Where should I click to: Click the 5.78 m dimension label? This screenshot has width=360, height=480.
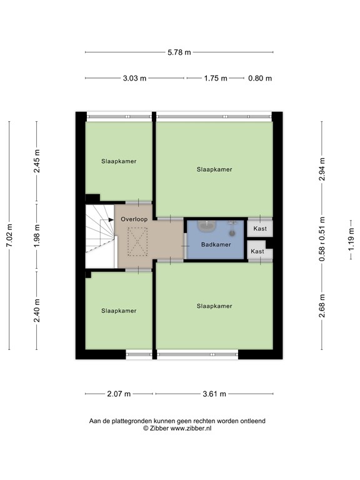(x=179, y=52)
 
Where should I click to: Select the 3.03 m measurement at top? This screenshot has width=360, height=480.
(x=135, y=79)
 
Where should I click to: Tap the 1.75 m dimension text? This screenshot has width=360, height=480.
(x=214, y=79)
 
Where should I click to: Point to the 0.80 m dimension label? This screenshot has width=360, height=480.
(x=260, y=79)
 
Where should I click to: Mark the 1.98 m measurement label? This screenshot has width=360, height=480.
(x=37, y=236)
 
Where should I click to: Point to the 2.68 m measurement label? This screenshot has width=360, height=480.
(x=322, y=306)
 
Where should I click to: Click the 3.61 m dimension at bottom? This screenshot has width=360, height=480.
(x=214, y=394)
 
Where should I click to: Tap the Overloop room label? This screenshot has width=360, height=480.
(x=134, y=220)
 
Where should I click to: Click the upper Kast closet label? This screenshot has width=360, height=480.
(x=260, y=229)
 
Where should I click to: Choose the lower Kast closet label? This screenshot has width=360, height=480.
(x=257, y=251)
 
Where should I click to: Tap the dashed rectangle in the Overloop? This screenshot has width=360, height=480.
(x=135, y=241)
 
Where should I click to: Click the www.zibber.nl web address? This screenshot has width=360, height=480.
(x=191, y=429)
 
